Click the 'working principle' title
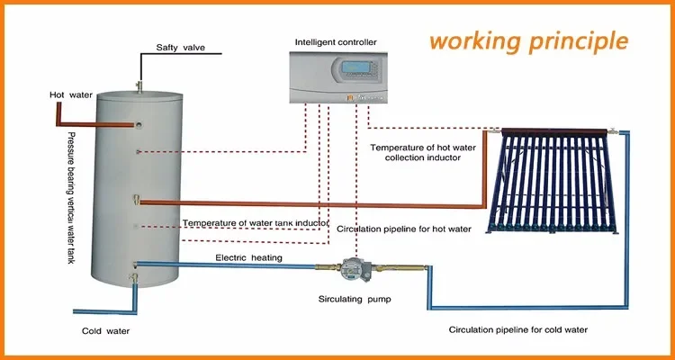point(528,41)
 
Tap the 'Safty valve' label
point(180,48)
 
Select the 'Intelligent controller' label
point(336,42)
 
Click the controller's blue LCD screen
point(355,67)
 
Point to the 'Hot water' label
point(71,94)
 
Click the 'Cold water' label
point(105,331)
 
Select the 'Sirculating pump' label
point(355,299)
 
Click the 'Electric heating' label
point(248,258)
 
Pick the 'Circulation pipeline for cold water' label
point(517,330)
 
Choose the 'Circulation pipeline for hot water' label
point(404,229)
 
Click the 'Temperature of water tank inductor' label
point(256,223)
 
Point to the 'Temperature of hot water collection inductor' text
point(423,152)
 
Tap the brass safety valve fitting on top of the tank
point(139,85)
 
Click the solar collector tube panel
point(553,181)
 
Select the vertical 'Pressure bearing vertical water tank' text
point(69,198)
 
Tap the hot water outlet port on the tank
point(139,125)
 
